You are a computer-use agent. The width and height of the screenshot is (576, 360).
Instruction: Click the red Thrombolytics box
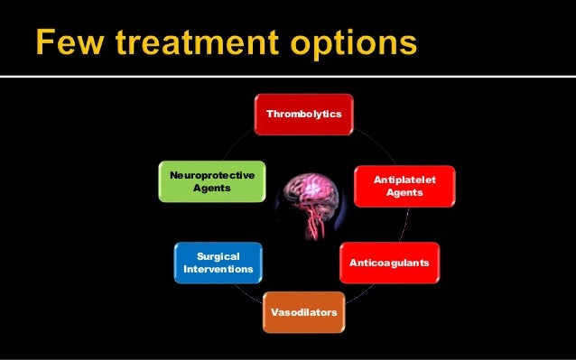(302, 115)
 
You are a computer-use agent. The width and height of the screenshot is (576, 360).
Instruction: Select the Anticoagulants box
(390, 263)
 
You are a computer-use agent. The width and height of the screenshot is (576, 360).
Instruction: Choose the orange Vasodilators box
(302, 312)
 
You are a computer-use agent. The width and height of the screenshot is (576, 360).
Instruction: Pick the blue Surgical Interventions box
(218, 263)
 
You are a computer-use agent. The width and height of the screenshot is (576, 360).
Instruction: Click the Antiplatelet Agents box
(404, 187)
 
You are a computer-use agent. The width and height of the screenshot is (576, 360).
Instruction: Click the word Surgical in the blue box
(218, 256)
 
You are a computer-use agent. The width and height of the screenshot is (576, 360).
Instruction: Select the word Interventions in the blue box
(218, 270)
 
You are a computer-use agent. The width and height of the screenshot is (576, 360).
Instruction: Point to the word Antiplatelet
(404, 180)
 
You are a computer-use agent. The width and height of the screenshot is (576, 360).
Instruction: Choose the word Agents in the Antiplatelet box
(404, 194)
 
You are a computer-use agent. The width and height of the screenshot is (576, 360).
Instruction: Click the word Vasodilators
(302, 312)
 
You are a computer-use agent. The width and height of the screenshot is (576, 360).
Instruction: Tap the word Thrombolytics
(302, 115)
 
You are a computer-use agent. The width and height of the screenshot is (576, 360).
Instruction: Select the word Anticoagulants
(390, 263)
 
